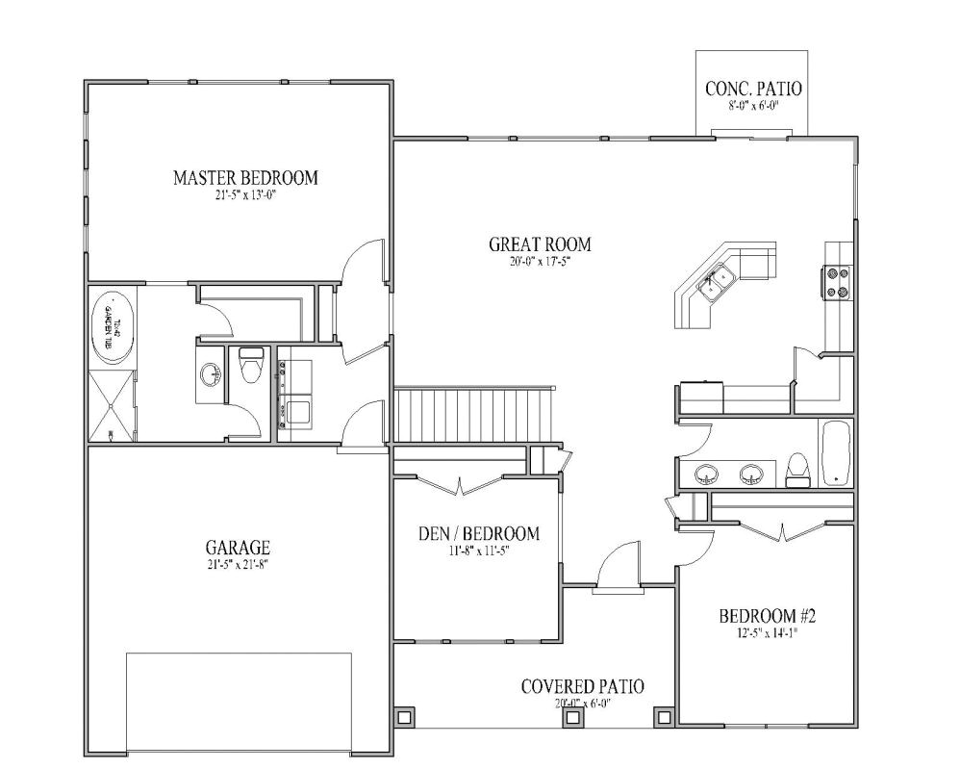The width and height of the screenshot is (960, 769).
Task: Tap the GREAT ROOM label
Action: coord(540,244)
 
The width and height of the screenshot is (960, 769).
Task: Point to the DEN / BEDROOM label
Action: coord(478,533)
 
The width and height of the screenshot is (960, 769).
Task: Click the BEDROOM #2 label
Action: coord(768,616)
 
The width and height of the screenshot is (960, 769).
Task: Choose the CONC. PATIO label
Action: coord(753,90)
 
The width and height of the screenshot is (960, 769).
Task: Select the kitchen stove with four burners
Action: coord(836,283)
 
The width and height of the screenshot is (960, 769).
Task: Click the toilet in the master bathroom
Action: coord(250,365)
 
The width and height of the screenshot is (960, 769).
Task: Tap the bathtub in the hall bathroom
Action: coord(835,452)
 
